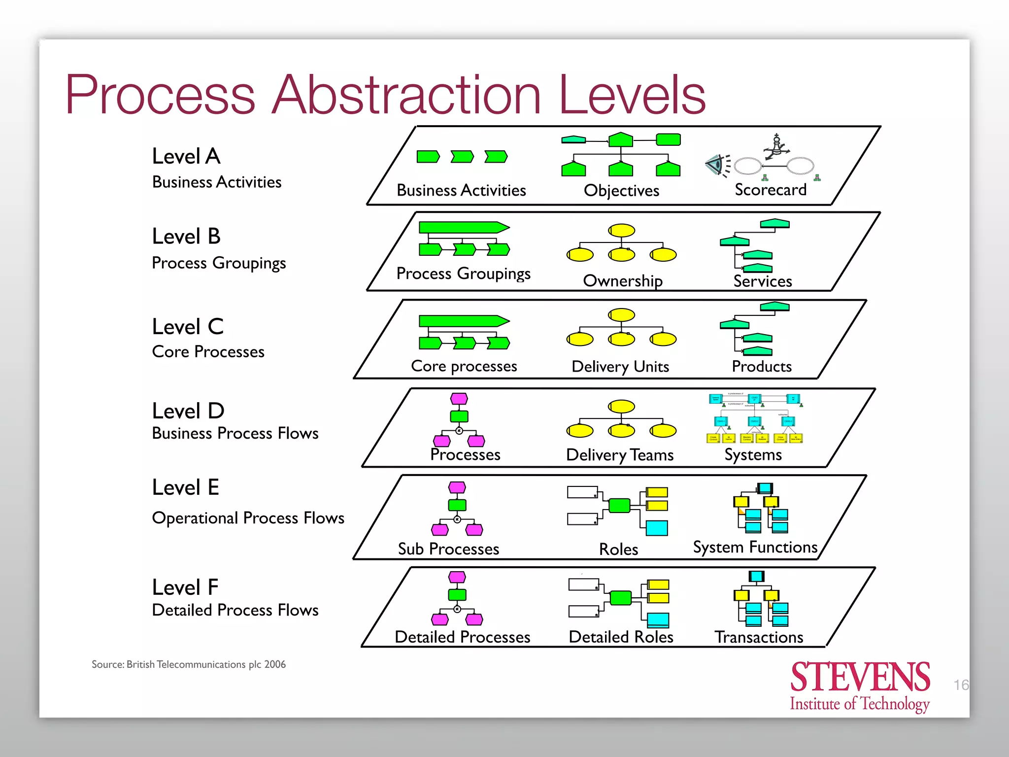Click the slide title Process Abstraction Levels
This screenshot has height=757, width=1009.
point(385,95)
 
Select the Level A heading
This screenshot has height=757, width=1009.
point(186,156)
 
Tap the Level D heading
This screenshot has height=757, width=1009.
point(188,411)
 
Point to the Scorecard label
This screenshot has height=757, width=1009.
point(771,190)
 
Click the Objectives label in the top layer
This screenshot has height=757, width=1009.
point(621,191)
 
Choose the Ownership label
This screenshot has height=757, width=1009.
point(623,281)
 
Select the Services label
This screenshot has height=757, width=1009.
point(763,281)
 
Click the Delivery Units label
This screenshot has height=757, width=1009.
point(620,367)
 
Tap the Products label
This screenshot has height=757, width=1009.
point(762,367)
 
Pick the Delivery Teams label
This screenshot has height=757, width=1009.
point(620,455)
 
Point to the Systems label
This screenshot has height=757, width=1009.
point(753,455)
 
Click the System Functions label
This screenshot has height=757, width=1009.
point(755,548)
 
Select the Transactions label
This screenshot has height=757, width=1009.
point(759,637)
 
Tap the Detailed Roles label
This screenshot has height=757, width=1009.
point(621,637)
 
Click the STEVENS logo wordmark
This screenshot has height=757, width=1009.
point(860,677)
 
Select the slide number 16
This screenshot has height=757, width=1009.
point(961,685)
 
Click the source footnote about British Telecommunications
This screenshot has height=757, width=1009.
point(189,664)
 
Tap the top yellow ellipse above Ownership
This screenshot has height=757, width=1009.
point(621,230)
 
